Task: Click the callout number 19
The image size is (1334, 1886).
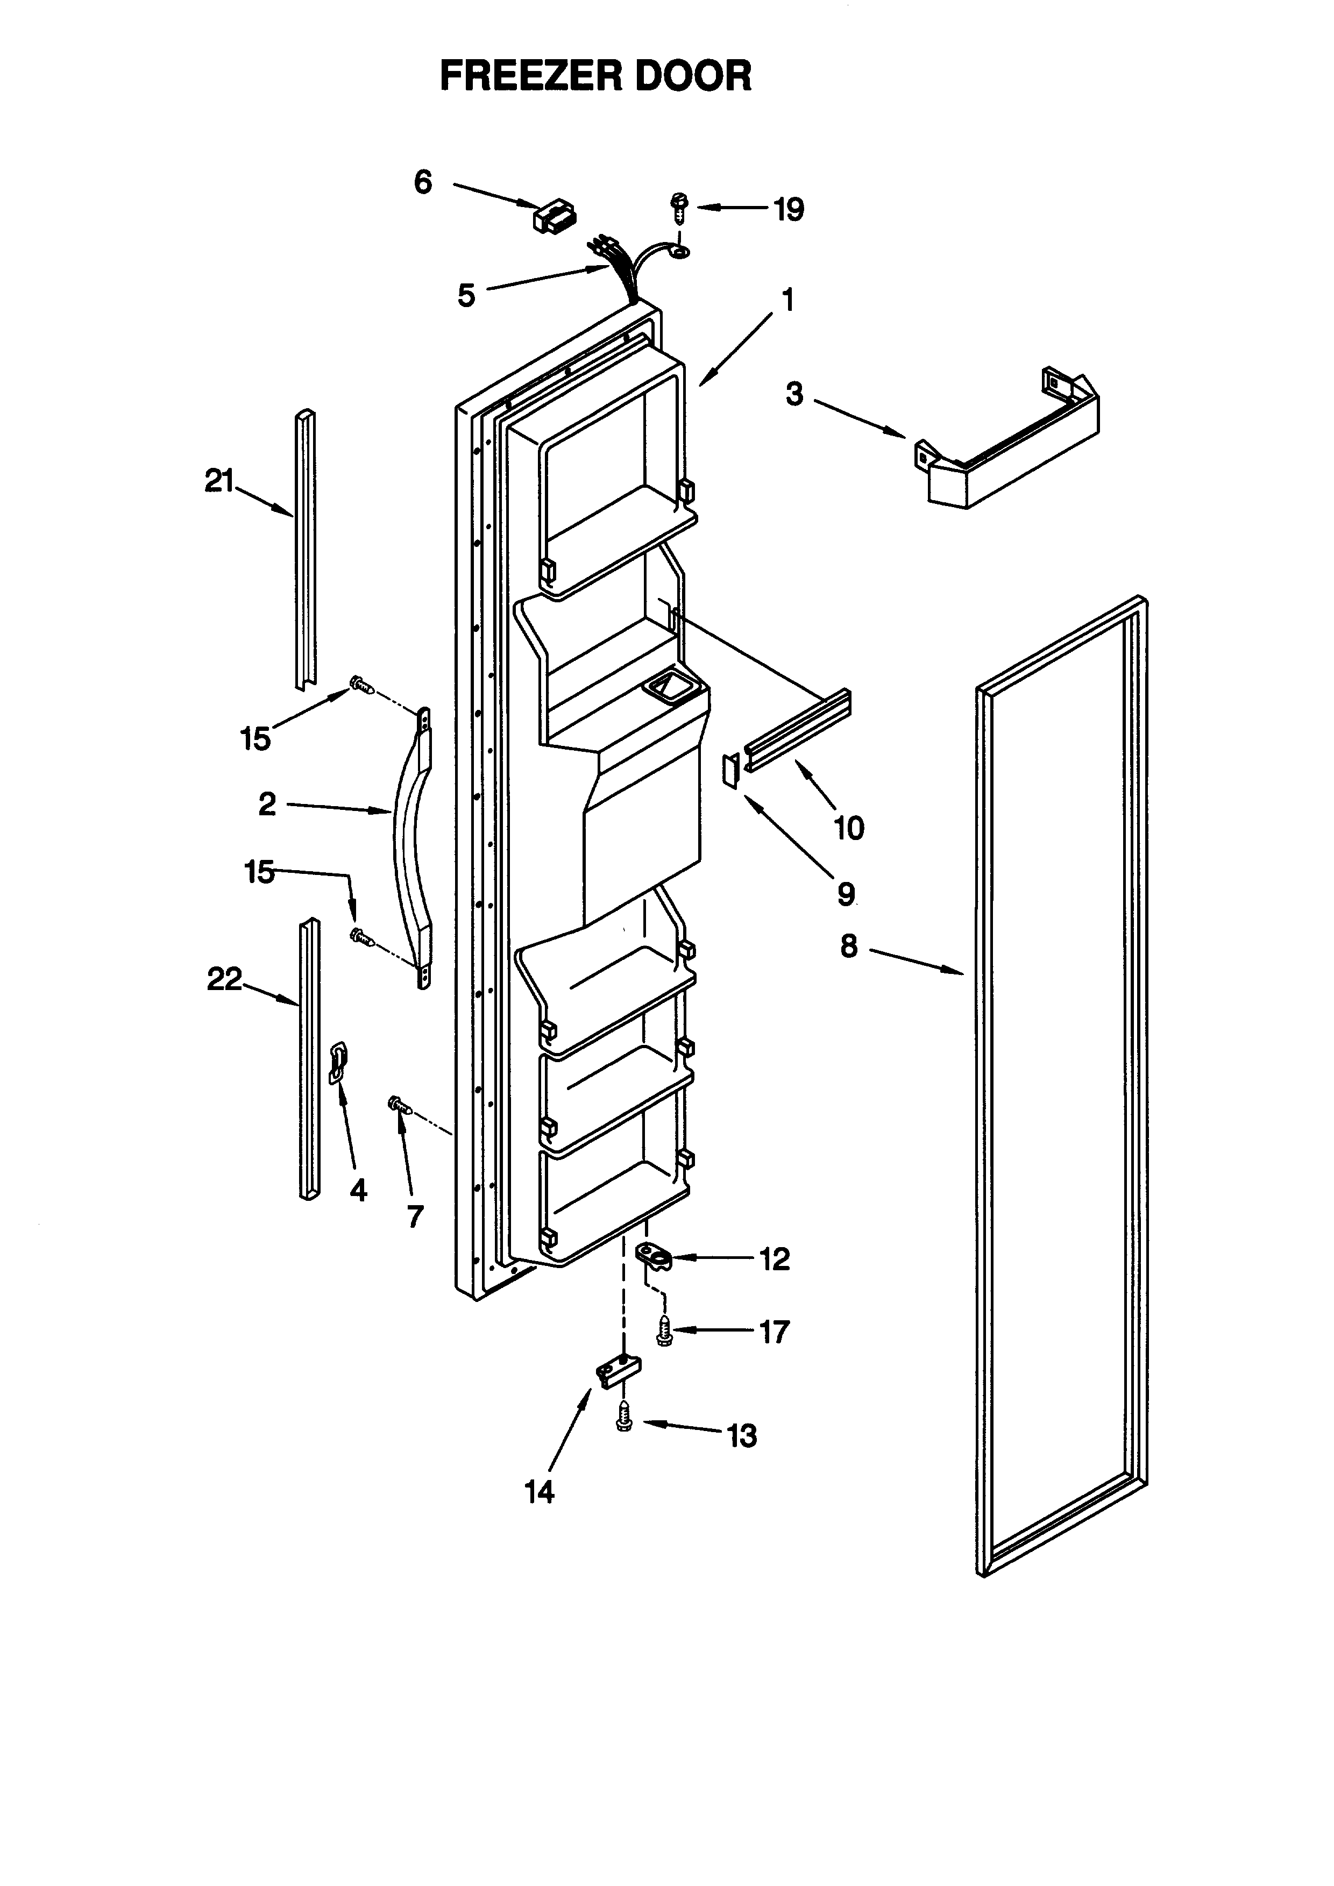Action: pos(789,210)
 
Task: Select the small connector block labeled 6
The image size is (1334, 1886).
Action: pos(555,217)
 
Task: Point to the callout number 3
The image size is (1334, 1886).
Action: pos(793,394)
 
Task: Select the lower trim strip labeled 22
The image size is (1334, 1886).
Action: pos(309,1059)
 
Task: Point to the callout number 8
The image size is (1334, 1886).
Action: pos(848,946)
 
